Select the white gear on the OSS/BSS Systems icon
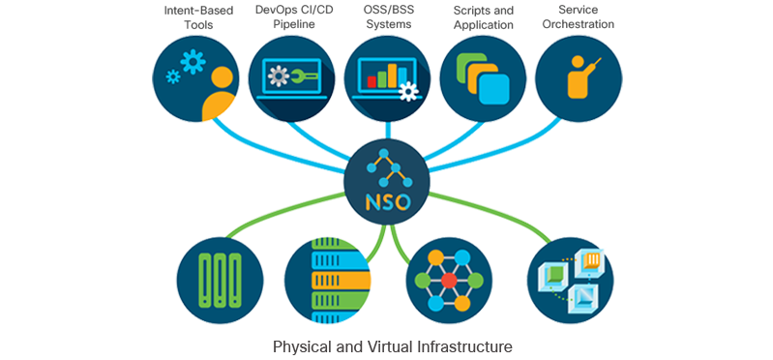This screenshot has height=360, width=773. pyautogui.click(x=409, y=92)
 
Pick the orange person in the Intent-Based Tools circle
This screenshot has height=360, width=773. pyautogui.click(x=220, y=92)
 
